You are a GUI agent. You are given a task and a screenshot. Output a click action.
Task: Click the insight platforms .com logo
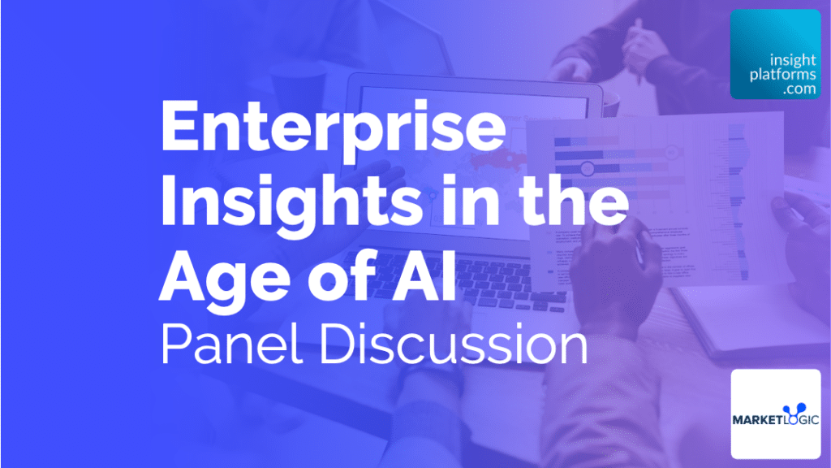[x=775, y=54]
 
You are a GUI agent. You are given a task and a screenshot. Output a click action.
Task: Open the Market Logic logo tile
[x=775, y=414]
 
